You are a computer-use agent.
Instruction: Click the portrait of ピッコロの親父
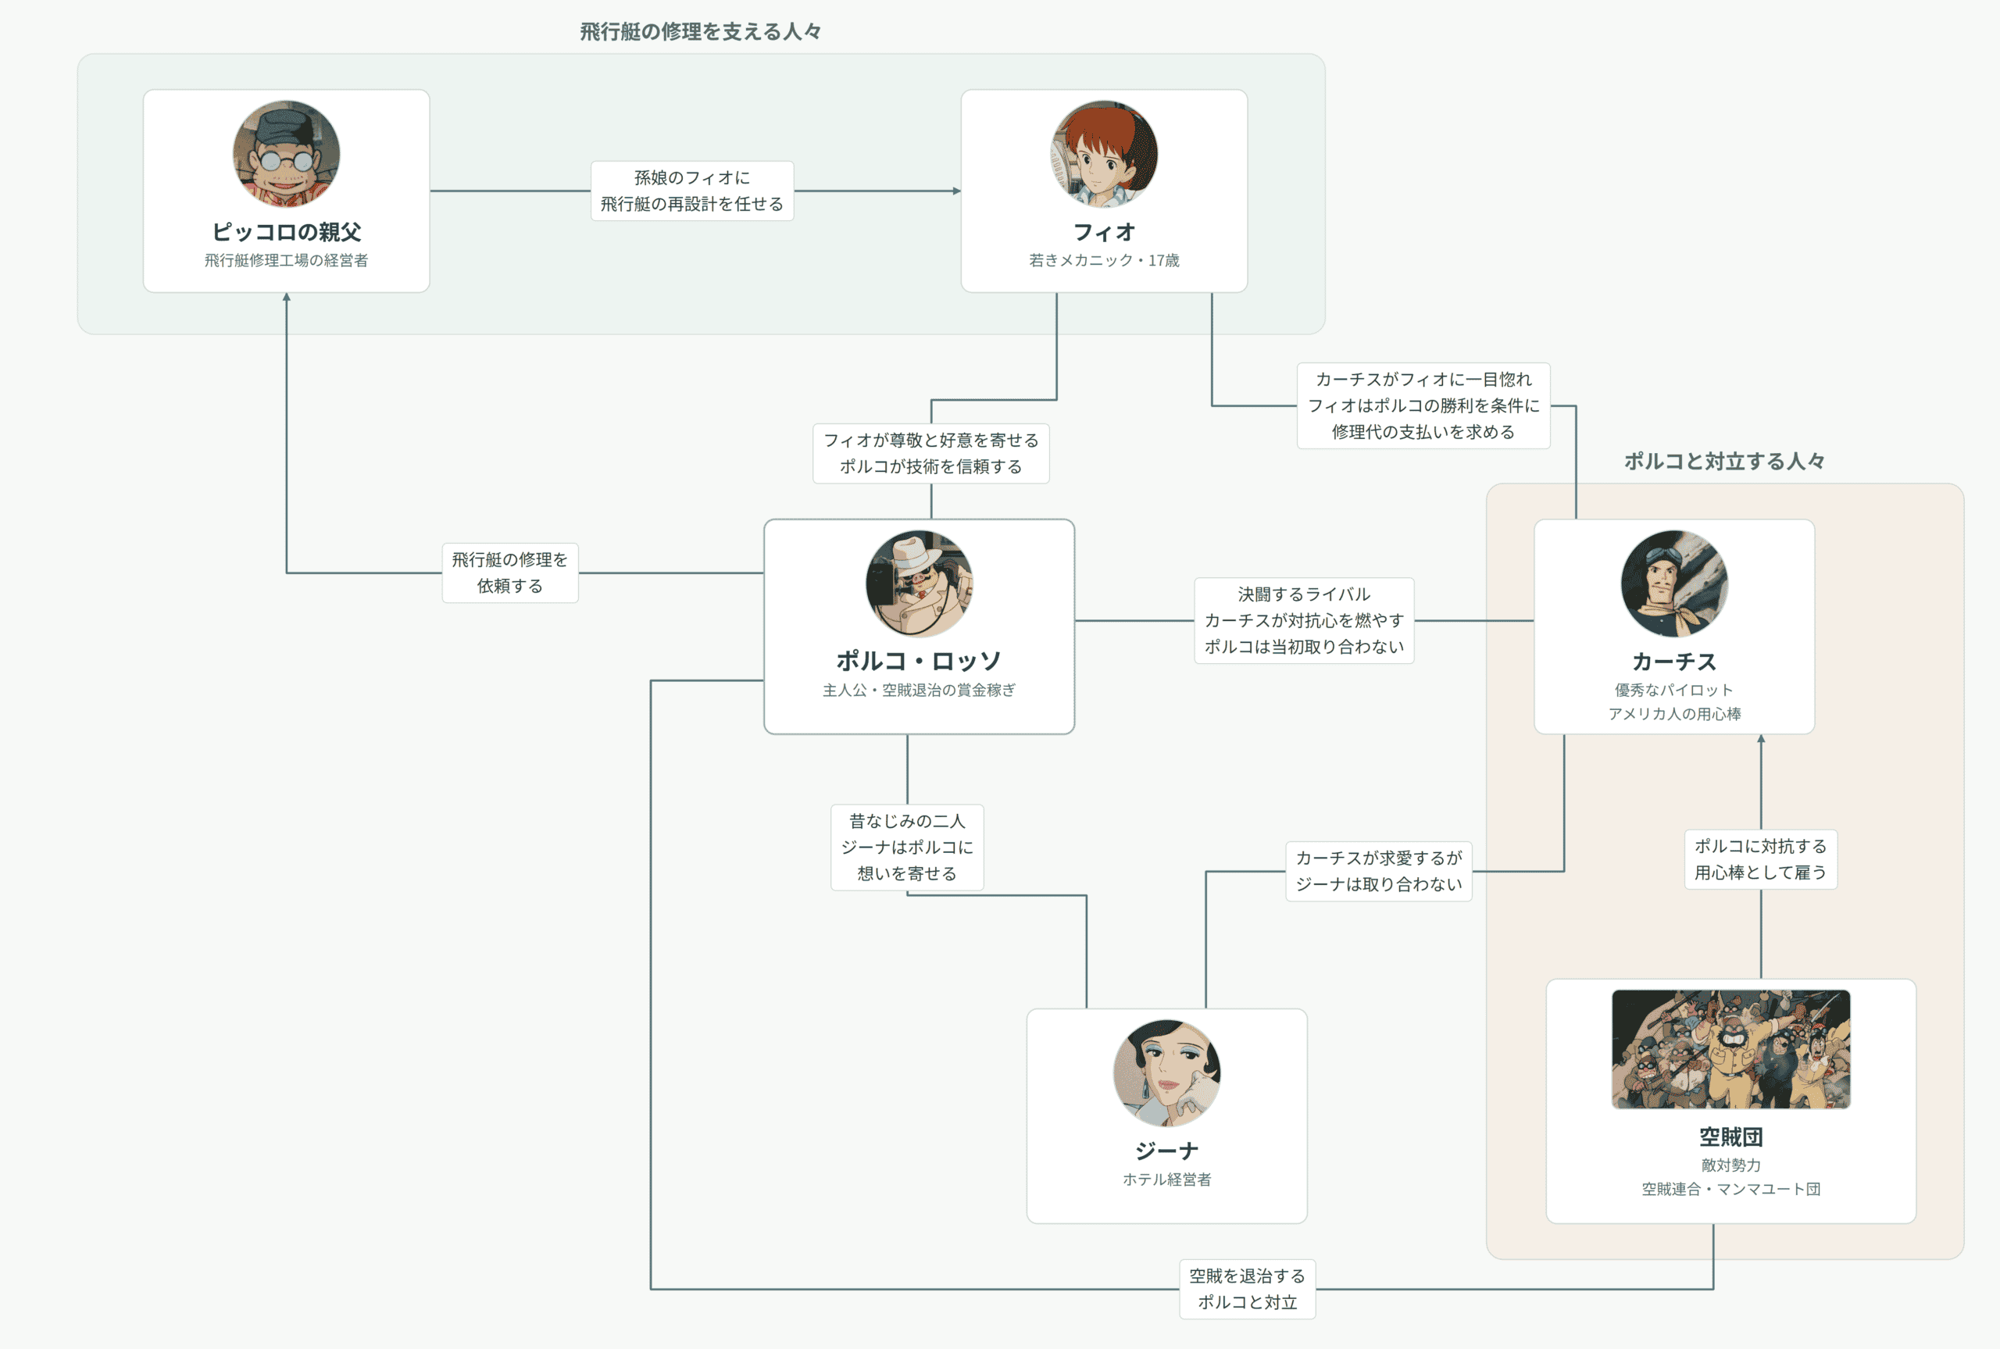287,154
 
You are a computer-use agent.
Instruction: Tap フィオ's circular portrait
1104,154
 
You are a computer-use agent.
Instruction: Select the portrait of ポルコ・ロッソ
919,583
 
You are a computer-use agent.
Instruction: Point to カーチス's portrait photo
1674,583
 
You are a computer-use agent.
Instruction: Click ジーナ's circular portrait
1166,1072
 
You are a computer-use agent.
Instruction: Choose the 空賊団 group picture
1730,1049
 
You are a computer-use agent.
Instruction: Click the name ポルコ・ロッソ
919,661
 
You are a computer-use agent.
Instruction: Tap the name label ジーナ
1166,1151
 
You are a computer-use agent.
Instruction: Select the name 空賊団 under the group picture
1730,1137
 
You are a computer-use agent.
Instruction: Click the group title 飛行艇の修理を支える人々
700,32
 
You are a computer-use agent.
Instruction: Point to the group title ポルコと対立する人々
1724,461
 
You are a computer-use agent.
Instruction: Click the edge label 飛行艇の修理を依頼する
510,573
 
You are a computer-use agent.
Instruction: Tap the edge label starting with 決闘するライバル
1304,620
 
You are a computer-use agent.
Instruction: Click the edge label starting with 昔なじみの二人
907,848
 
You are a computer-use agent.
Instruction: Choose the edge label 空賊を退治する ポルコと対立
1248,1289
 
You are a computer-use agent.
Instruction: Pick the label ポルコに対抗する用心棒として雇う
1761,859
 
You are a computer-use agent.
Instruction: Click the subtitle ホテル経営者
1166,1179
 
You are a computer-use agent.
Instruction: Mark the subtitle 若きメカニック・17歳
1104,261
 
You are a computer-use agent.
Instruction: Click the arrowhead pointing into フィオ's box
956,191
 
